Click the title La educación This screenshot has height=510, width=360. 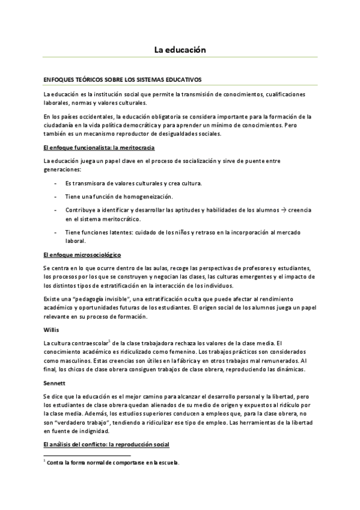(180, 50)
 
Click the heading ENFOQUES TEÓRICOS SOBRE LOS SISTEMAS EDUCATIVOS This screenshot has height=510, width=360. (122, 79)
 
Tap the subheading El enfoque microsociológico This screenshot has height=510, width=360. (82, 255)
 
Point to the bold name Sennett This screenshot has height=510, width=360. (55, 382)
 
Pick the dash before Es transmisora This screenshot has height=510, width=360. (55, 183)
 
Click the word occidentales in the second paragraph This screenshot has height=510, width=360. (97, 116)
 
